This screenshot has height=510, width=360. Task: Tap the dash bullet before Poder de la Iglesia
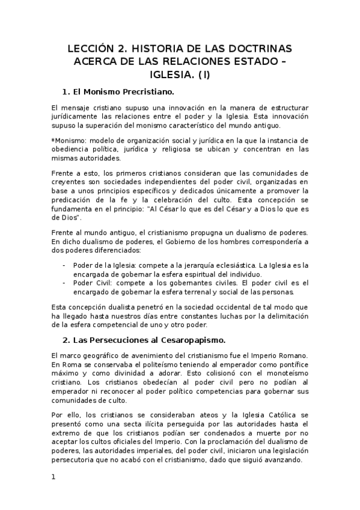pyautogui.click(x=64, y=264)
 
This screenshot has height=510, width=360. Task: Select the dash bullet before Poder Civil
pyautogui.click(x=64, y=283)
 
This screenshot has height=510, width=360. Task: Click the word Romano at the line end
pyautogui.click(x=296, y=355)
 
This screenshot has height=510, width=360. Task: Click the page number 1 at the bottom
pyautogui.click(x=53, y=477)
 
